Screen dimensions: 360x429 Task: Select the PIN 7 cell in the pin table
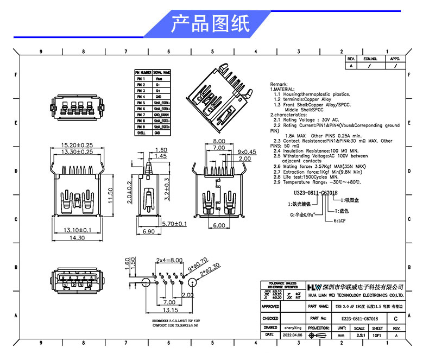tap(140, 115)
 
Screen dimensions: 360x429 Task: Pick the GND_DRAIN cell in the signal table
tap(161, 115)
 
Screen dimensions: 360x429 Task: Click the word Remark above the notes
tap(279, 85)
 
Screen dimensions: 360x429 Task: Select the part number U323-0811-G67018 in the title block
tap(359, 319)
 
